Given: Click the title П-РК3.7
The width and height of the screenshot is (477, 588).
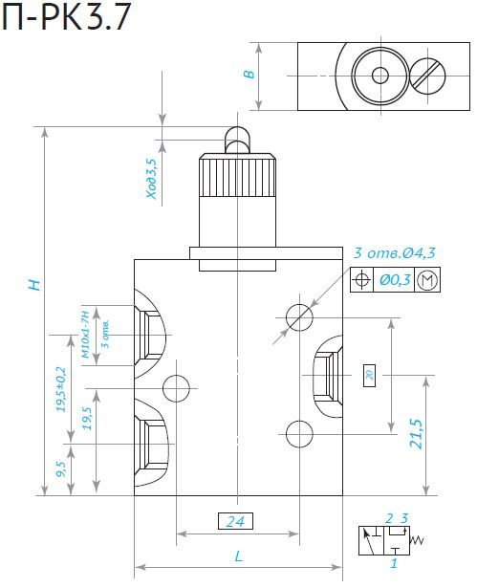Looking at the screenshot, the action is point(67,17).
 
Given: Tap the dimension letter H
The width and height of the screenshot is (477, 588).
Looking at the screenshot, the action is point(34,285).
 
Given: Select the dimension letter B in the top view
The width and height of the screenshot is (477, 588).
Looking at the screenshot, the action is point(249,75).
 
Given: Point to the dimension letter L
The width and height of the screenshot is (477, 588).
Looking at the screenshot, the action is point(239,555).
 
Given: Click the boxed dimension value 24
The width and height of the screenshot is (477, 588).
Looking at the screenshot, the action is point(235,521).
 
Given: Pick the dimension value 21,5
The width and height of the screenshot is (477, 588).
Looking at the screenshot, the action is point(416,433).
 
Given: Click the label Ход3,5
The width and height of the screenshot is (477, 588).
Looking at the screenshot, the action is point(152,179).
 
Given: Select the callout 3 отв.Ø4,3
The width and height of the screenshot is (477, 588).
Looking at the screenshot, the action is point(395,253).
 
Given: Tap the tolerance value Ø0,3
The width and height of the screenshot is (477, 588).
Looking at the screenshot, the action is point(395,280).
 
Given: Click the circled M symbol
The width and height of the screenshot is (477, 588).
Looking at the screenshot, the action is point(427,280).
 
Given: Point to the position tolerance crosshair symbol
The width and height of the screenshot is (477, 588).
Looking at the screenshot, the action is point(362,280).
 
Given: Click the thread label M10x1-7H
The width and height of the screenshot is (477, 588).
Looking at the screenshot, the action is point(86,334).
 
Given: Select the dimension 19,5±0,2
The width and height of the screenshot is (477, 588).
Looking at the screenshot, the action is point(61,389).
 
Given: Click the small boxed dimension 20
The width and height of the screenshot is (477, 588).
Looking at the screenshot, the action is point(370,375).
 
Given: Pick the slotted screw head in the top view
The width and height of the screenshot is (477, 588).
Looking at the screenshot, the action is point(427,76).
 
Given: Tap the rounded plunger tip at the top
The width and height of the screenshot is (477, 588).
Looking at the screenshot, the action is point(237,140).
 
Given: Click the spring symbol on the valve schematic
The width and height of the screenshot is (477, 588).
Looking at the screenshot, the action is point(417,540).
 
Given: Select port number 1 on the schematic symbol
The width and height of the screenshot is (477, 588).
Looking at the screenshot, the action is point(394,563).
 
